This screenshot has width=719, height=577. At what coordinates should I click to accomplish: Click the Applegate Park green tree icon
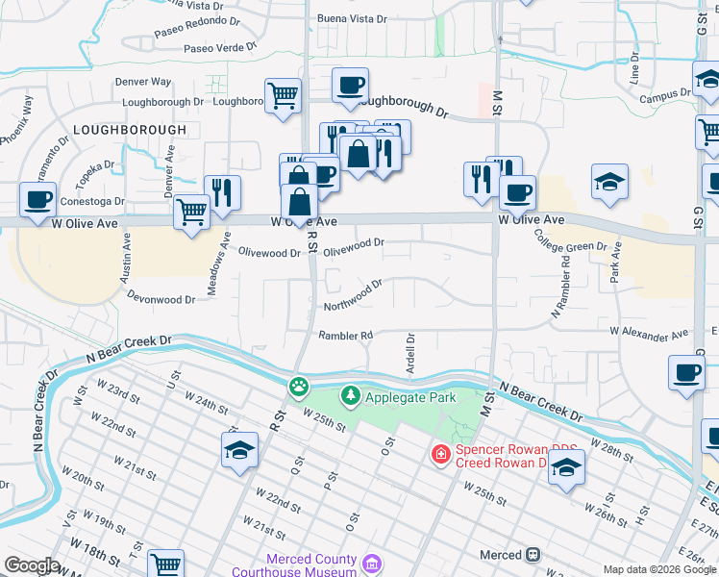[x=351, y=395]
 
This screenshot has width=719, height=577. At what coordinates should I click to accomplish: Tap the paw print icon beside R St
[x=300, y=387]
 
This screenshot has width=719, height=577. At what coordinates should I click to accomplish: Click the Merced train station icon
[x=532, y=555]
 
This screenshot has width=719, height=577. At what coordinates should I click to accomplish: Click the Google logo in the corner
[x=32, y=565]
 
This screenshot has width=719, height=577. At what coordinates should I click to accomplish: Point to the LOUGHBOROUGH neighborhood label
[x=130, y=129]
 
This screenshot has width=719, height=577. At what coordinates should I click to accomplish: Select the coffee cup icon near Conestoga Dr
[x=37, y=200]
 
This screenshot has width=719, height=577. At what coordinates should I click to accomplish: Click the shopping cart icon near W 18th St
[x=166, y=564]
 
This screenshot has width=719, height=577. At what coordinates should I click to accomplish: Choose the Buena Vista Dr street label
[x=352, y=18]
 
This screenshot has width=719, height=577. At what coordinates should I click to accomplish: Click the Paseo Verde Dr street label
[x=220, y=47]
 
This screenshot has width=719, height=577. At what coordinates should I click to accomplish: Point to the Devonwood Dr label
[x=161, y=299]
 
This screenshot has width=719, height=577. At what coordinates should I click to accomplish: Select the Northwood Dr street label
[x=353, y=293]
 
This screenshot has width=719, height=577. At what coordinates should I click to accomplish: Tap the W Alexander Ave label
[x=649, y=334]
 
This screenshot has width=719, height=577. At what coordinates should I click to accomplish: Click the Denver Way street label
[x=143, y=83]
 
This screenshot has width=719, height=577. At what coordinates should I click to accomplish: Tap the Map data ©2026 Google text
[x=658, y=569]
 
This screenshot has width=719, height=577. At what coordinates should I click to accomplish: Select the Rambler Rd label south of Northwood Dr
[x=346, y=336]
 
